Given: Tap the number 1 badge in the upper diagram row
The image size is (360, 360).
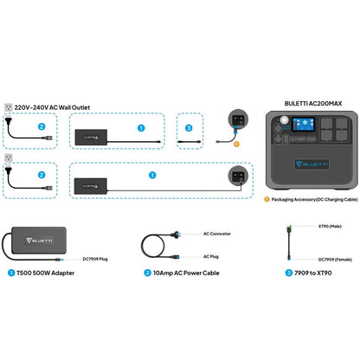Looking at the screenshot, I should point(141,127).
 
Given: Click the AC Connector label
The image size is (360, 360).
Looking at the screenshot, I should point(217,234).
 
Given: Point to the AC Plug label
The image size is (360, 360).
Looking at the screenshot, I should point(211,258).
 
